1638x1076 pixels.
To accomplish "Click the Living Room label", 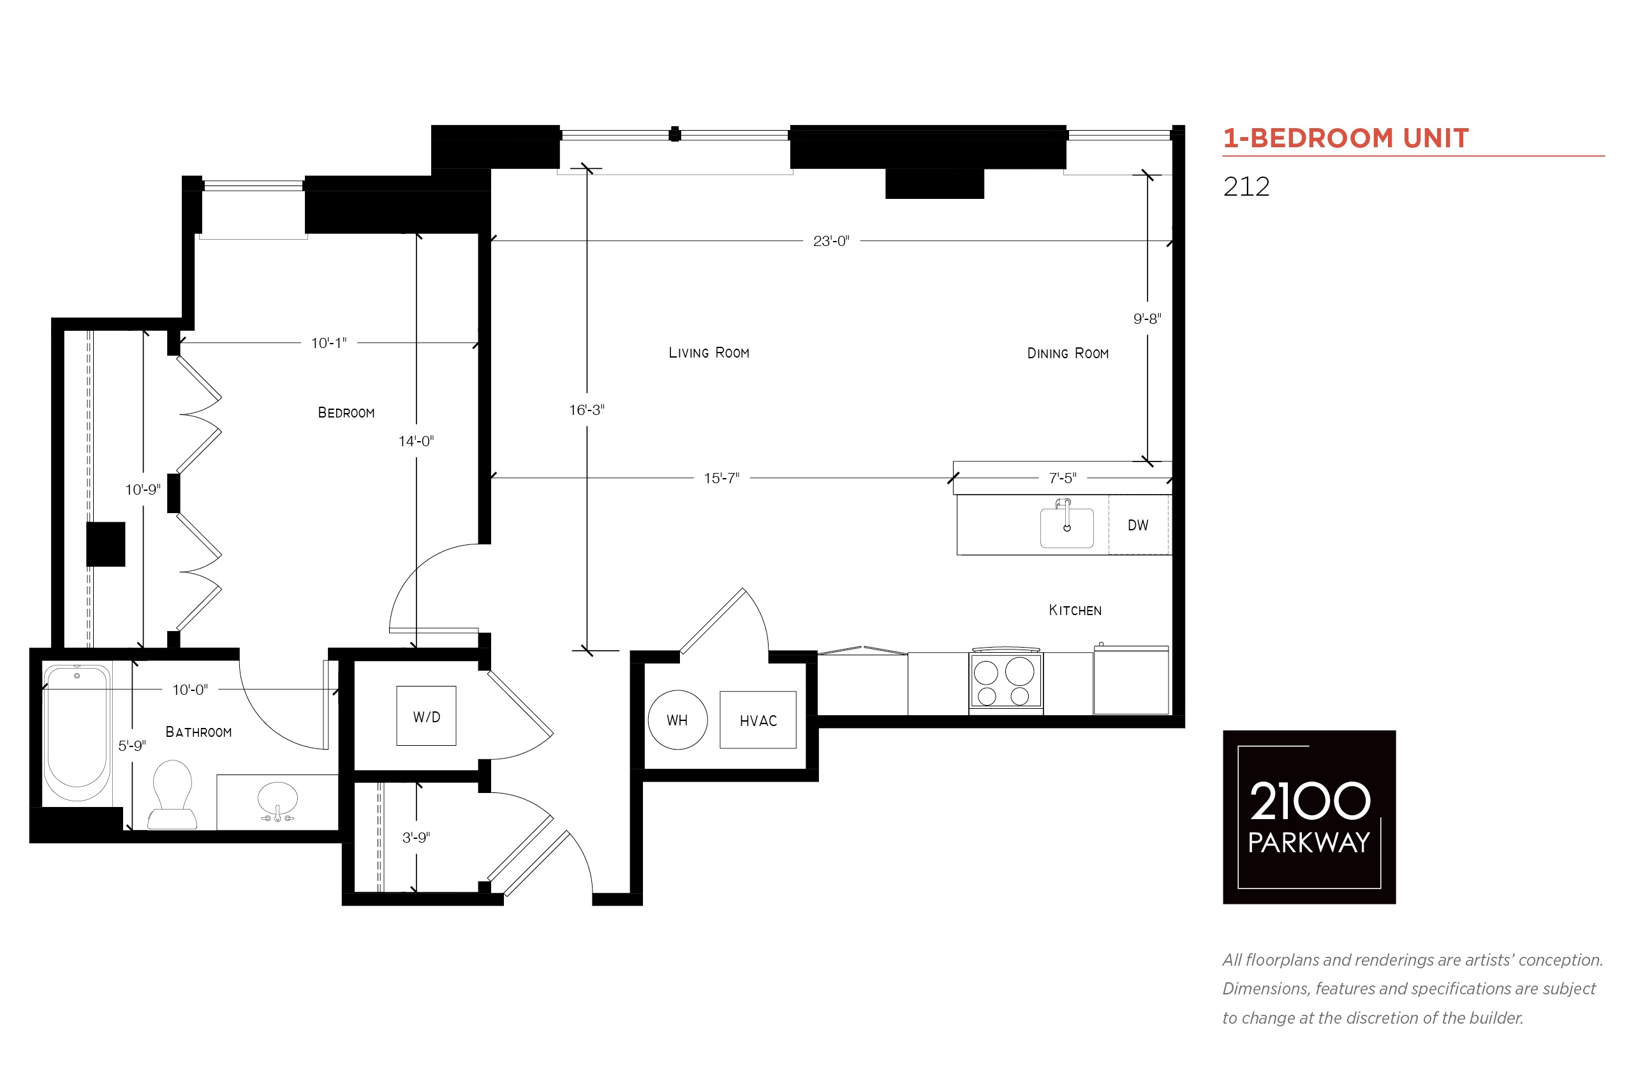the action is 709,353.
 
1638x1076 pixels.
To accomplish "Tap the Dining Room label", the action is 1068,354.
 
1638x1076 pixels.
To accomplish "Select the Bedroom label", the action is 346,413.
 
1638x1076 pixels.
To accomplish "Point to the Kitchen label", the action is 1075,610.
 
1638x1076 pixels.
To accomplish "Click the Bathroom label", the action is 199,732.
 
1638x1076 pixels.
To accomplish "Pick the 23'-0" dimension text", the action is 831,241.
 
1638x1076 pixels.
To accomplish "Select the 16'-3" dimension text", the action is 586,410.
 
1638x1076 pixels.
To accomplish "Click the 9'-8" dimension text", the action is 1147,319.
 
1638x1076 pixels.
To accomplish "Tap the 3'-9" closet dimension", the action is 417,837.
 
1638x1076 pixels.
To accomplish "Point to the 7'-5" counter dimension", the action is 1063,477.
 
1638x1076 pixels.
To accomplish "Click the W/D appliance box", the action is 426,715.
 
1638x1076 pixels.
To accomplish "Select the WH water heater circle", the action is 678,720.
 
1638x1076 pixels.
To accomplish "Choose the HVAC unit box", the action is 758,720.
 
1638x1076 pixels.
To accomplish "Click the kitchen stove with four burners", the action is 1005,681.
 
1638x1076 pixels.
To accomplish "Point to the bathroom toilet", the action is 172,795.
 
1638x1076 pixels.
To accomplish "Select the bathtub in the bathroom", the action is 77,732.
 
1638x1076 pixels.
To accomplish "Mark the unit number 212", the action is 1246,186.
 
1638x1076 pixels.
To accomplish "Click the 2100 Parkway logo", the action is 1309,817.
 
